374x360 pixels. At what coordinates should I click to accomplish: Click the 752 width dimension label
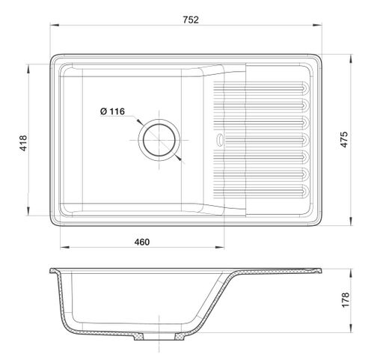[191, 19]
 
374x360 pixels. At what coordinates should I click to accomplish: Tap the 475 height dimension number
[344, 139]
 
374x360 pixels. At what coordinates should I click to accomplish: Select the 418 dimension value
[23, 143]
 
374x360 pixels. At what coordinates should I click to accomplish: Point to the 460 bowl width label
[142, 242]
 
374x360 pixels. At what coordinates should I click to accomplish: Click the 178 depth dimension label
[346, 300]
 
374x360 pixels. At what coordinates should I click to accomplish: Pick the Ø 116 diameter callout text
[112, 112]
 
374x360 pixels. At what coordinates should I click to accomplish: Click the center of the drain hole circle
[159, 140]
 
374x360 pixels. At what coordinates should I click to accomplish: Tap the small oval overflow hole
[220, 140]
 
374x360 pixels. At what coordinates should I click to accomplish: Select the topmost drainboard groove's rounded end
[305, 88]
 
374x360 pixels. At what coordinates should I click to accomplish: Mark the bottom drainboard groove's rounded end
[305, 192]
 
